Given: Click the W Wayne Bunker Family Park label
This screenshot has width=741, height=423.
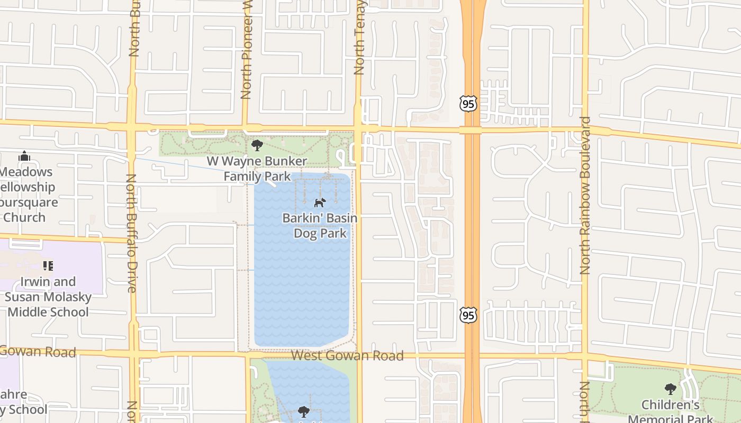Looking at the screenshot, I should (257, 169).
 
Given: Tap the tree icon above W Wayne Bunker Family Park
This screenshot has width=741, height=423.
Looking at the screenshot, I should (257, 145).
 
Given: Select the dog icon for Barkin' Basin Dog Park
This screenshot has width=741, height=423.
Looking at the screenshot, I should (320, 203).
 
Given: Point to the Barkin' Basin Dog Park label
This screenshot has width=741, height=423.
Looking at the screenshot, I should (320, 226).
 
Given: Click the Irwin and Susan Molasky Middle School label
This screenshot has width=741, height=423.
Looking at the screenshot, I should (48, 297).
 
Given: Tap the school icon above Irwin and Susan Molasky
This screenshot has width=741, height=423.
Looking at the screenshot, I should (48, 266).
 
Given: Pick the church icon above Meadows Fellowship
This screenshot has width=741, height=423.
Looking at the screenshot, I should (24, 157).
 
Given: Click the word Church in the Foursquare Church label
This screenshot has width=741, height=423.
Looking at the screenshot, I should (24, 217).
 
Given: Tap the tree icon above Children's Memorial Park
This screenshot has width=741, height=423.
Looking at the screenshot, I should (671, 390).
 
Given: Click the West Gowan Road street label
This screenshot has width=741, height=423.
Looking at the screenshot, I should (347, 356).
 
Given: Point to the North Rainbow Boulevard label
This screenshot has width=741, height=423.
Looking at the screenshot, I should (585, 195).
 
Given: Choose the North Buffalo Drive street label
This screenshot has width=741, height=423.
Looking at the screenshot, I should (132, 233).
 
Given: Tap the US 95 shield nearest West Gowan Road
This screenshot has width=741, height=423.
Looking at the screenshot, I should (468, 315).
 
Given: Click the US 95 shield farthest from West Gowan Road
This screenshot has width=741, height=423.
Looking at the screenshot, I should (468, 104).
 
